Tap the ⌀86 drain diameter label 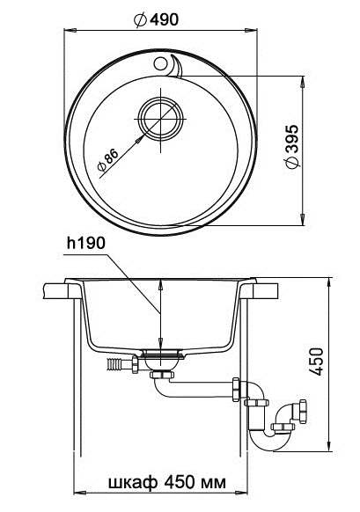[107, 157]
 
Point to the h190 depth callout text [83, 242]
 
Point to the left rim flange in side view [60, 289]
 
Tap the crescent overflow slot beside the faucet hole [175, 64]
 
